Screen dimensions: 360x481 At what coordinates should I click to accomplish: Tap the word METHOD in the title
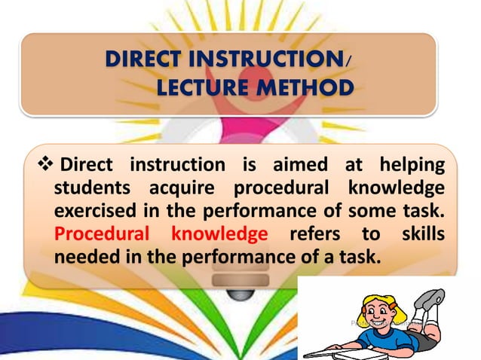(x=305, y=90)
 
